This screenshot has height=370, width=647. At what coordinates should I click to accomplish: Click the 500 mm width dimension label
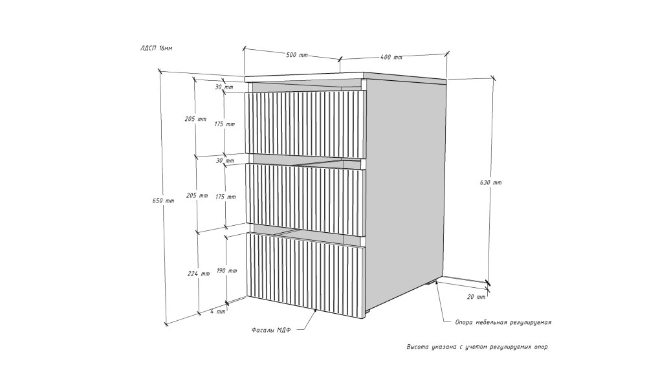pyautogui.click(x=297, y=55)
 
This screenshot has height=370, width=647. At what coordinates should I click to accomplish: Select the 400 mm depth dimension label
pyautogui.click(x=391, y=57)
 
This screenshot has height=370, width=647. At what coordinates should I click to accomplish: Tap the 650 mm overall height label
pyautogui.click(x=164, y=201)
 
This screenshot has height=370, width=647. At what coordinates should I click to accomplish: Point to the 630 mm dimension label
pyautogui.click(x=490, y=182)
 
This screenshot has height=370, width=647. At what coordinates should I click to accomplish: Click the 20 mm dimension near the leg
pyautogui.click(x=476, y=296)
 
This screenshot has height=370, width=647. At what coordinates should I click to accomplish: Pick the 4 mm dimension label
pyautogui.click(x=218, y=311)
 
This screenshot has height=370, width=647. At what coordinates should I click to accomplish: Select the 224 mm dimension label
pyautogui.click(x=199, y=274)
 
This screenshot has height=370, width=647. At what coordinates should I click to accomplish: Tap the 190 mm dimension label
pyautogui.click(x=226, y=270)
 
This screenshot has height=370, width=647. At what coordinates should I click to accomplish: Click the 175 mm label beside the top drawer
pyautogui.click(x=225, y=124)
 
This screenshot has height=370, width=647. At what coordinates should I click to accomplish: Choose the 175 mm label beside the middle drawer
pyautogui.click(x=225, y=197)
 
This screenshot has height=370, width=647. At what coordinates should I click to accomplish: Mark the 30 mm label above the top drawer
pyautogui.click(x=224, y=87)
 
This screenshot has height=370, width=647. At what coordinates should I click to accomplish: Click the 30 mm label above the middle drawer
pyautogui.click(x=225, y=160)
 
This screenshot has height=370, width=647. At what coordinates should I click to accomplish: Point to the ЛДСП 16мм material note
pyautogui.click(x=157, y=49)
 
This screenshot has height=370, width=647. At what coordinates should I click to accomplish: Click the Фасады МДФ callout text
pyautogui.click(x=271, y=330)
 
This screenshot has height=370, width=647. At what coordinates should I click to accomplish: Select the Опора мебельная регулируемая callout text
pyautogui.click(x=503, y=322)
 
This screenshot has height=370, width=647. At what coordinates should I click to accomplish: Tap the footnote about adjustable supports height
pyautogui.click(x=477, y=347)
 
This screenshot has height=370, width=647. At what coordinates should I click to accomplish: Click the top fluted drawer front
pyautogui.click(x=306, y=124)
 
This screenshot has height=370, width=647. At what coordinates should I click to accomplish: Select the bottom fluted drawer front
pyautogui.click(x=306, y=276)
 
